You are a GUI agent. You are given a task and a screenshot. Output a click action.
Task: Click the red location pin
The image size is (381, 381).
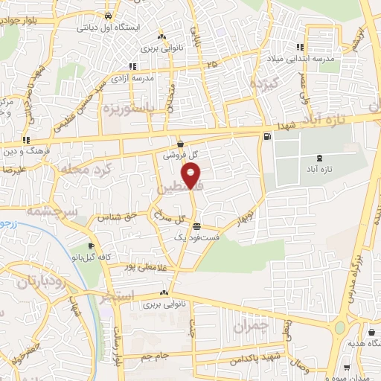point(193,176)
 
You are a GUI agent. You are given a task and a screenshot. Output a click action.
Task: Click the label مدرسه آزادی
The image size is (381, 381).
point(132,77)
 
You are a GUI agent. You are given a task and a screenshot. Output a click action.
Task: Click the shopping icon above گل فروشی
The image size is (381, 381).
point(181,144)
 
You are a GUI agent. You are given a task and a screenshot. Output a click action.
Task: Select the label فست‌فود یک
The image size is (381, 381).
point(196,237)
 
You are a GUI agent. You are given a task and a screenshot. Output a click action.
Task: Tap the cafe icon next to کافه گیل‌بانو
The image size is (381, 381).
point(91,246)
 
